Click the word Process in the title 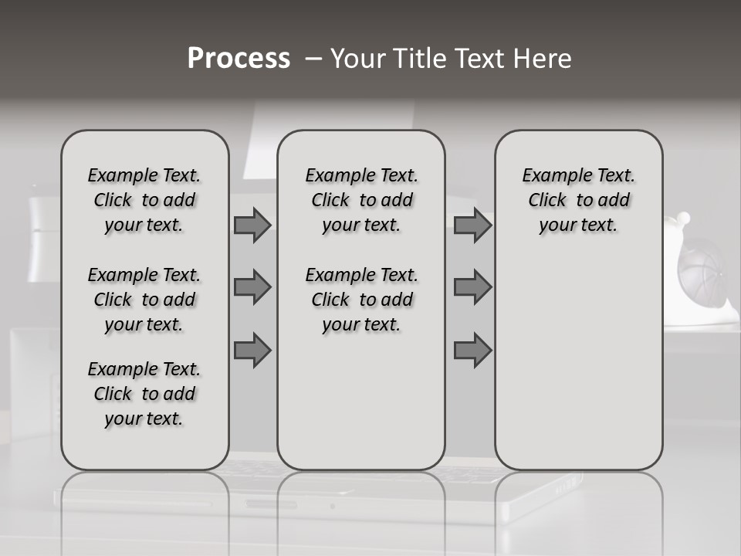click(239, 59)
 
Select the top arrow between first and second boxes click(252, 225)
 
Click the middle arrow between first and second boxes click(252, 287)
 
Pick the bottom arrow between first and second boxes click(252, 350)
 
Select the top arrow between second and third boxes click(472, 225)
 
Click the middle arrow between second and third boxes click(472, 287)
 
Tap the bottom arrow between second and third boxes click(472, 350)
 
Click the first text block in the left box click(144, 201)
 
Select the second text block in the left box click(144, 300)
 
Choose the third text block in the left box click(144, 394)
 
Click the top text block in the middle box click(361, 201)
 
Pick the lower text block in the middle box click(361, 300)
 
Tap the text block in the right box click(578, 201)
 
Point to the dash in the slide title click(313, 59)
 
